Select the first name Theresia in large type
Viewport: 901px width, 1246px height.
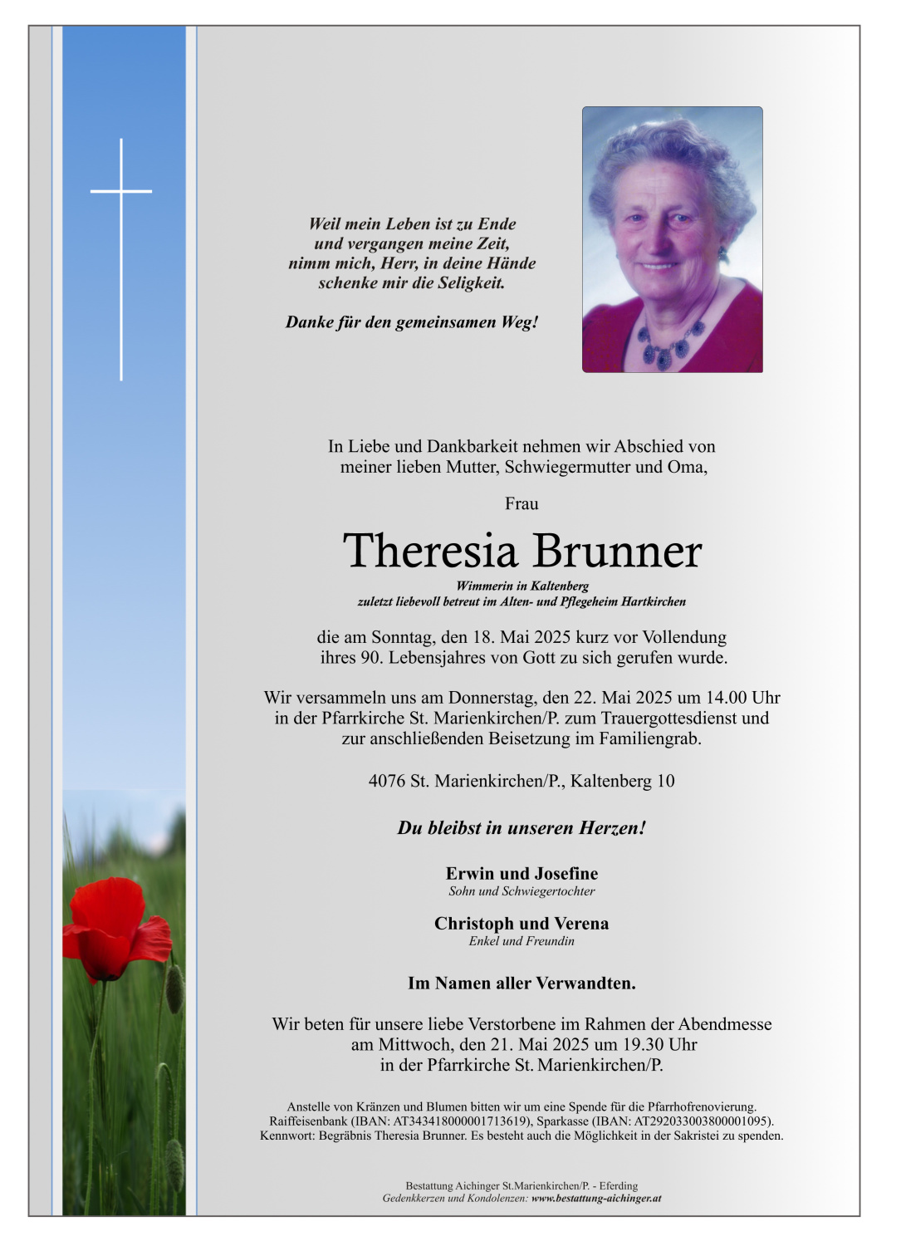click(x=430, y=551)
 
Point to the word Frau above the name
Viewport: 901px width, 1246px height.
click(x=522, y=503)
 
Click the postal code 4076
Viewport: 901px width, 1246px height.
click(x=386, y=781)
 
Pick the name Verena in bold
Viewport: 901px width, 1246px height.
click(x=580, y=923)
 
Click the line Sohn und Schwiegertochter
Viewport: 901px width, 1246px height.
click(x=522, y=891)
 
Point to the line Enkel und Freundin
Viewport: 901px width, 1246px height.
click(x=522, y=941)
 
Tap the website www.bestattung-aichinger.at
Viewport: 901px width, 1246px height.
click(x=596, y=1199)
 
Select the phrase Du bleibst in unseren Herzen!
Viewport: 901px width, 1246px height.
click(x=522, y=828)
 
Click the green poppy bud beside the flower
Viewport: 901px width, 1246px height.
click(x=174, y=988)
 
